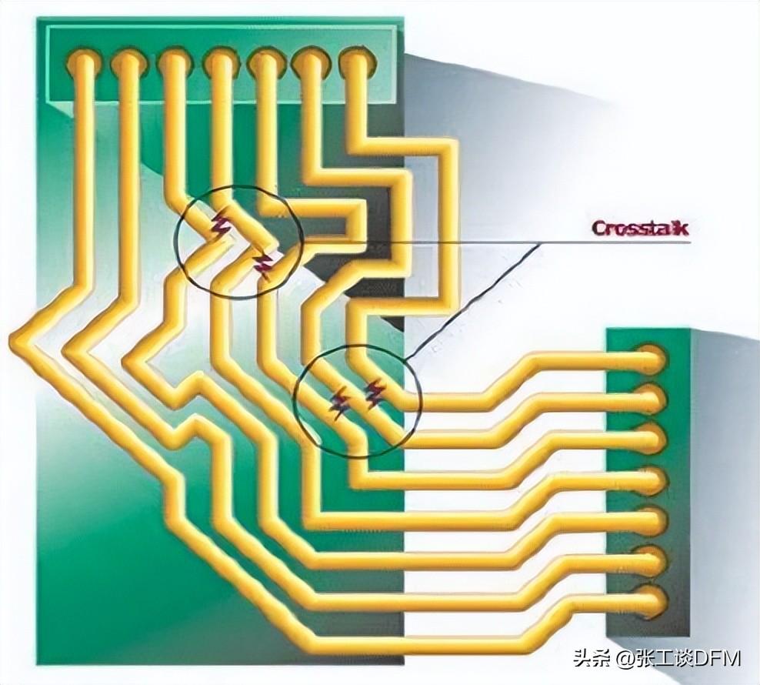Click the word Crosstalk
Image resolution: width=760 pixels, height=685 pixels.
640,228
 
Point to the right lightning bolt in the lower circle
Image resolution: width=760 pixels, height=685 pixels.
375,393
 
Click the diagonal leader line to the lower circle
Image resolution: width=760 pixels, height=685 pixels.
472,301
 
